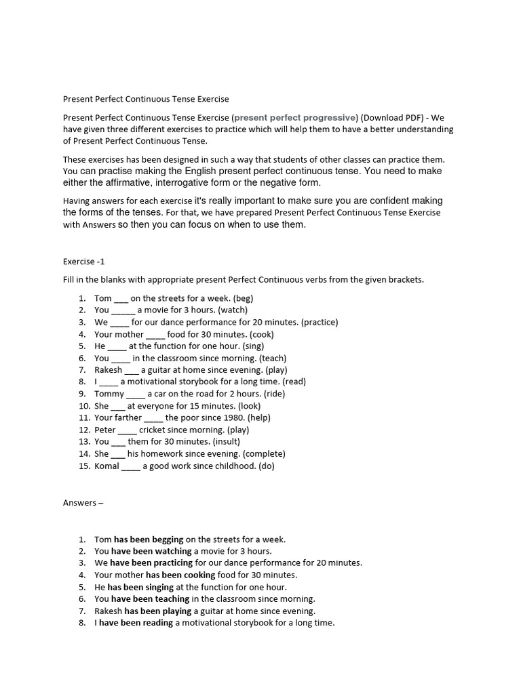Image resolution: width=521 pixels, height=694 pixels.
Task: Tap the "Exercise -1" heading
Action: pos(84,262)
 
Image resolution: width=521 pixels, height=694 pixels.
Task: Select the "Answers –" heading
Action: pos(83,503)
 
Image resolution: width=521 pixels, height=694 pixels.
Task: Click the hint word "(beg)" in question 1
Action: pos(243,298)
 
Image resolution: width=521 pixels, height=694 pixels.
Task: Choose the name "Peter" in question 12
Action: pos(105,430)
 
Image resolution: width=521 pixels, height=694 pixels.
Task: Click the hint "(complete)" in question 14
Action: pos(264,453)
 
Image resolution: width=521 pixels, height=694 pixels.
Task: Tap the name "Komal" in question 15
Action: pos(107,466)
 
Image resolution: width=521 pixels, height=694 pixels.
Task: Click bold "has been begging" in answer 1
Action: pos(149,539)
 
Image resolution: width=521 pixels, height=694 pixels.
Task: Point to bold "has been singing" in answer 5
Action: pos(140,587)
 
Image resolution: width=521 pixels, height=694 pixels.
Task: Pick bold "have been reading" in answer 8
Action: pos(136,623)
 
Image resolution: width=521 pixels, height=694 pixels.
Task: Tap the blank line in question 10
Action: pos(118,407)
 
